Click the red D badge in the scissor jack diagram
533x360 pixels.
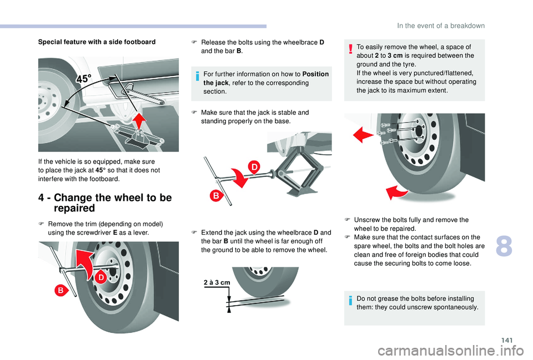[254, 166]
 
